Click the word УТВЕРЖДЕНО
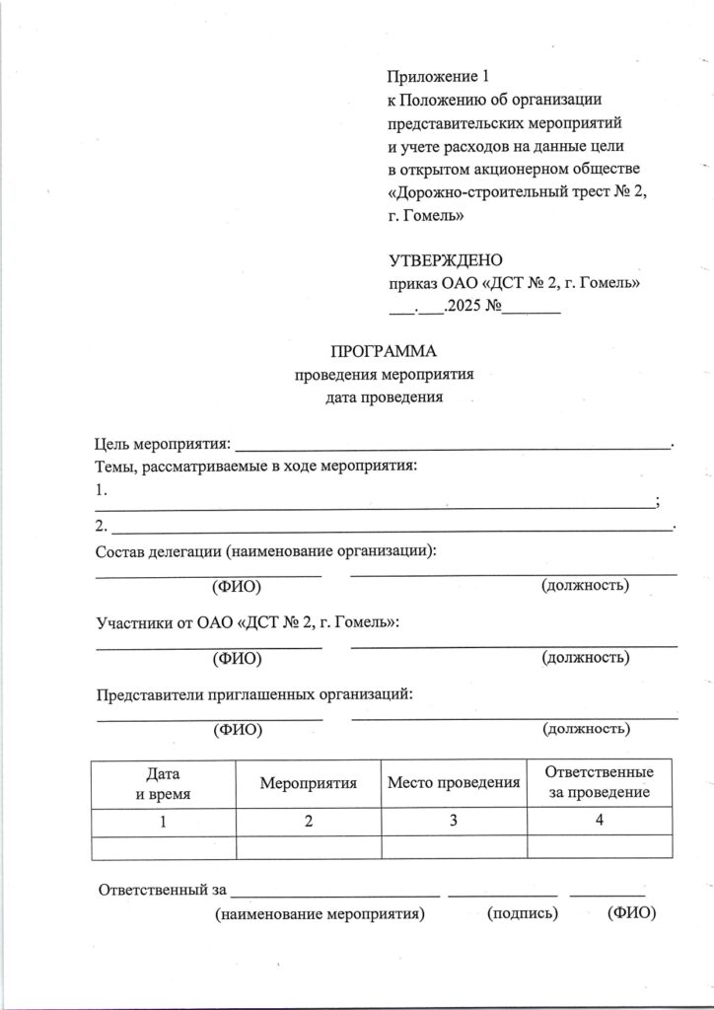(446, 261)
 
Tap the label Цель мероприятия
(163, 441)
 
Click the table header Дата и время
(163, 783)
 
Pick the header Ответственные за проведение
(600, 782)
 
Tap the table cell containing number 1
(163, 822)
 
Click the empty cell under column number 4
(600, 847)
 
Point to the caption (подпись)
(524, 913)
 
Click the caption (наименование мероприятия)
(320, 913)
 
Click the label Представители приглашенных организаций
(253, 693)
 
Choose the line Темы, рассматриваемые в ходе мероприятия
(256, 466)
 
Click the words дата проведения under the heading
(386, 398)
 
